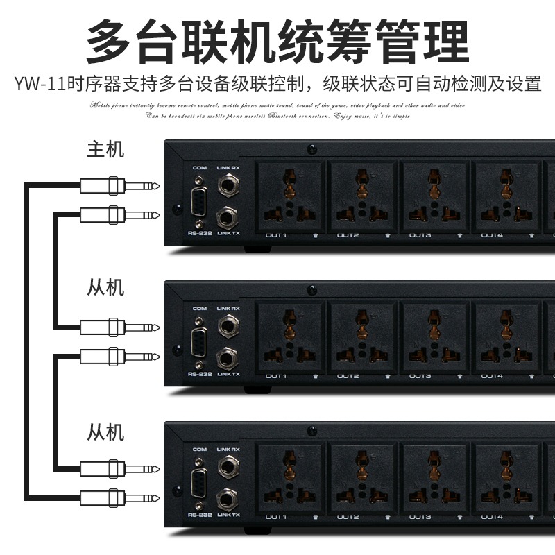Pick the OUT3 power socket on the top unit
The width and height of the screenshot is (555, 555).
tap(434, 196)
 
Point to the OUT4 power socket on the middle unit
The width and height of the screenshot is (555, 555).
tap(506, 337)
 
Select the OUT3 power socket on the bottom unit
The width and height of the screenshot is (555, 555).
tap(434, 478)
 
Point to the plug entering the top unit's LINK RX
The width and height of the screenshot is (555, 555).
tap(118, 186)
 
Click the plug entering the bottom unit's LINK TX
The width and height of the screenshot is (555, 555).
tap(118, 497)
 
